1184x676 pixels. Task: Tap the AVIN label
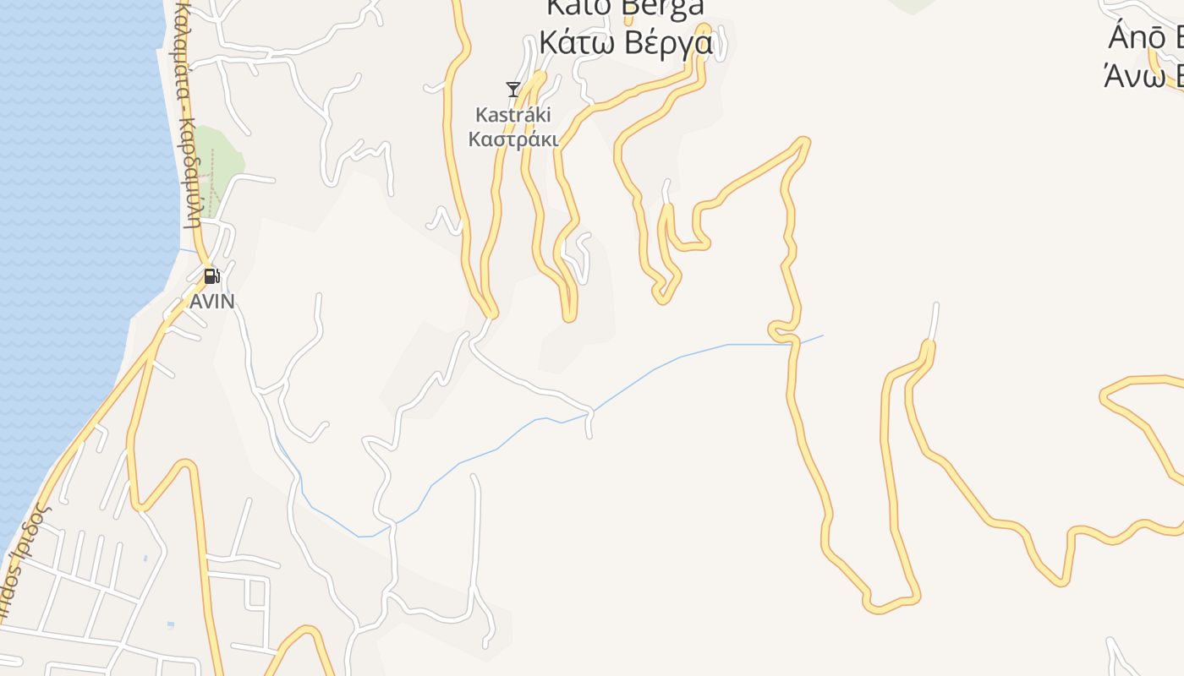pos(211,302)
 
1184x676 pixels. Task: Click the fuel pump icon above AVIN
pos(211,275)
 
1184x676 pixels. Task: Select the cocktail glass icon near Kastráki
pos(513,89)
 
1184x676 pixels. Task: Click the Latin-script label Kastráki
pos(513,114)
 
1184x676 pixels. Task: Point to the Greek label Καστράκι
pos(513,139)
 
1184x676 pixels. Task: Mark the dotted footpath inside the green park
pos(211,181)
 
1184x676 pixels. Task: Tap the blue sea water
pos(68,211)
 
